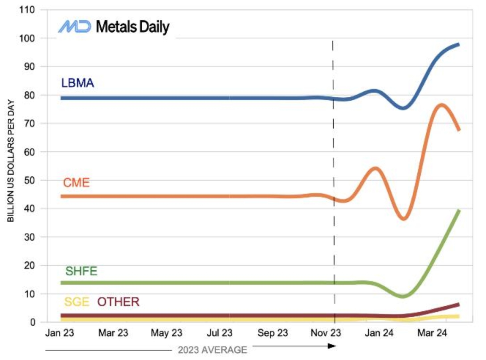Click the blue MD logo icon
tap(75, 26)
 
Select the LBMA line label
tap(77, 83)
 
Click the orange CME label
tap(76, 183)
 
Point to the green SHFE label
tap(81, 271)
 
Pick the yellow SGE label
tap(76, 302)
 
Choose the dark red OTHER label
tap(118, 302)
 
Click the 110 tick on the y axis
tap(27, 10)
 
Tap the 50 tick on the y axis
tap(30, 180)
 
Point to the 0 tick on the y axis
tap(32, 322)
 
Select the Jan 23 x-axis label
tap(60, 333)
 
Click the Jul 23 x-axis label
tap(219, 333)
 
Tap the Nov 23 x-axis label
tap(326, 333)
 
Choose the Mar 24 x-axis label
tap(432, 333)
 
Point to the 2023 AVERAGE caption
tap(212, 350)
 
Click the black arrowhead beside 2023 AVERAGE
tap(332, 346)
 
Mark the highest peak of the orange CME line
tap(441, 105)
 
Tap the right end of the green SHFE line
tap(459, 211)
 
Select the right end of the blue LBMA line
tap(459, 45)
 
